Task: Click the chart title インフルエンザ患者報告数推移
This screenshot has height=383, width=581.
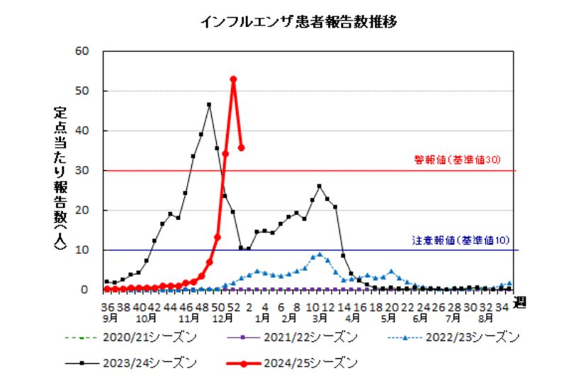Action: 297,21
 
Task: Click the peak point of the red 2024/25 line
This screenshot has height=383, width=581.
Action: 233,79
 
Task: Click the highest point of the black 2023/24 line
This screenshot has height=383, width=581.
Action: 209,105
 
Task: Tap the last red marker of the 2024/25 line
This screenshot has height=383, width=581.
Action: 242,148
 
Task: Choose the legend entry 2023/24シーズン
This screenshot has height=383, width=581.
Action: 146,363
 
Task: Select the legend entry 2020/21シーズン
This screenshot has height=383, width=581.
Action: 146,336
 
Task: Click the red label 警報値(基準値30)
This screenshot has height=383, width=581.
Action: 457,160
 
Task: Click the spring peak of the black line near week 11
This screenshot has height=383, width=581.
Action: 320,186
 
